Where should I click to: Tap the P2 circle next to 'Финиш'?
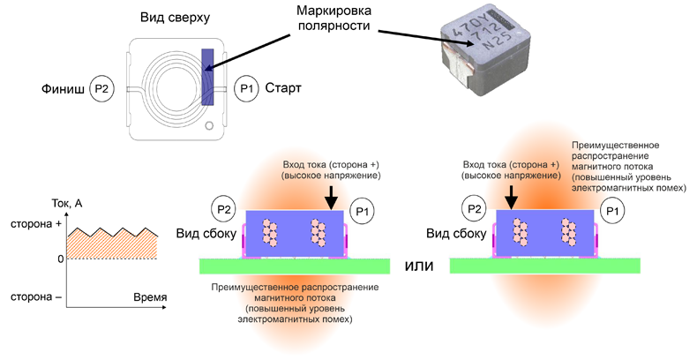[102, 89]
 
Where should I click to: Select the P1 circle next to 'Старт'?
[247, 89]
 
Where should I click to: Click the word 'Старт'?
[284, 89]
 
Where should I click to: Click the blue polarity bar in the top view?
[208, 78]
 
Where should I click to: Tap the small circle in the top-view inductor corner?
[209, 127]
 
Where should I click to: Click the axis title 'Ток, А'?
[67, 204]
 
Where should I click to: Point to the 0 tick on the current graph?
[59, 259]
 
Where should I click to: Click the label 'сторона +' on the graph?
[35, 226]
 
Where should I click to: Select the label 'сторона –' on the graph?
[35, 296]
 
